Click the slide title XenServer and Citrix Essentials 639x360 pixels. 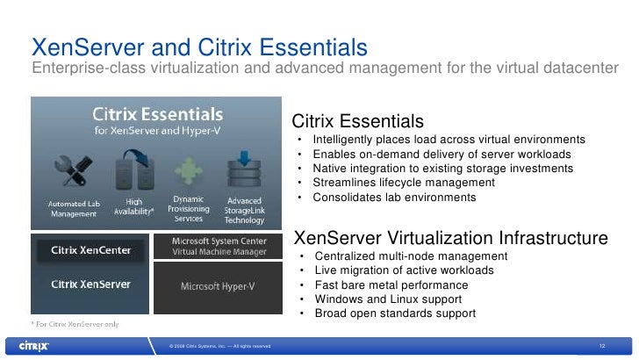click(x=198, y=46)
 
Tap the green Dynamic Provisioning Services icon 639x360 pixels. click(x=189, y=170)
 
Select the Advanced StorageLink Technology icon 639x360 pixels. click(x=244, y=169)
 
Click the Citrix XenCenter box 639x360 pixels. click(x=91, y=250)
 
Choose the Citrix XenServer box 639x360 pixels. click(x=91, y=284)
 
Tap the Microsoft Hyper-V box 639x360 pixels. click(x=219, y=286)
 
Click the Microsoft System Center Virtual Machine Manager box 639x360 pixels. click(x=219, y=245)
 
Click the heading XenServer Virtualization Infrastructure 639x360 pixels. click(x=449, y=238)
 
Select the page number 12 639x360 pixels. click(x=602, y=346)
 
